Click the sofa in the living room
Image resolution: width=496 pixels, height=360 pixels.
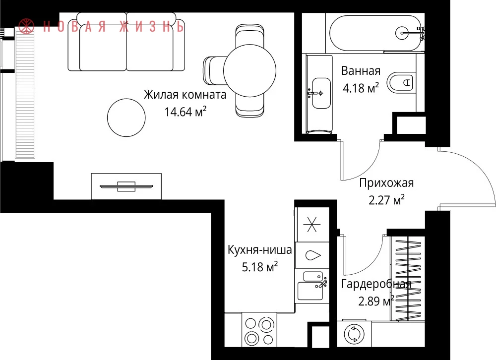[x=126, y=42]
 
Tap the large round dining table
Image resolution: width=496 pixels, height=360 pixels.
[x=249, y=71]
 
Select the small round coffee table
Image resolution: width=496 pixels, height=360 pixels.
[x=126, y=118]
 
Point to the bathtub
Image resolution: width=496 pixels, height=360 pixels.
[x=375, y=33]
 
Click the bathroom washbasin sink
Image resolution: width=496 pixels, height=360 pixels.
[x=321, y=93]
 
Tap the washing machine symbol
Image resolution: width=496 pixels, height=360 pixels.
[x=354, y=334]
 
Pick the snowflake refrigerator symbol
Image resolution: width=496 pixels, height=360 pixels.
[x=312, y=225]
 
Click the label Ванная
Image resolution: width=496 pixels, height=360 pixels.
[x=361, y=71]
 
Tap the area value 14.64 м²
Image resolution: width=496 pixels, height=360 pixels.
[x=186, y=112]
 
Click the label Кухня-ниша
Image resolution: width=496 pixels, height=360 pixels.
[x=260, y=250]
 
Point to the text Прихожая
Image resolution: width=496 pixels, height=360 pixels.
[x=386, y=183]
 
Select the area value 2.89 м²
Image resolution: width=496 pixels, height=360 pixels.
[x=376, y=301]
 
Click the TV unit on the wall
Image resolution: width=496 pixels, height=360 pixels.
[x=126, y=186]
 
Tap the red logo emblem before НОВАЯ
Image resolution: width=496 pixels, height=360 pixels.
[x=26, y=26]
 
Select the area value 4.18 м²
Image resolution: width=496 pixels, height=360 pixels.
[x=361, y=88]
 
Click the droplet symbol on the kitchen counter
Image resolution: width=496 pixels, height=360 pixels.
[x=313, y=255]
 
